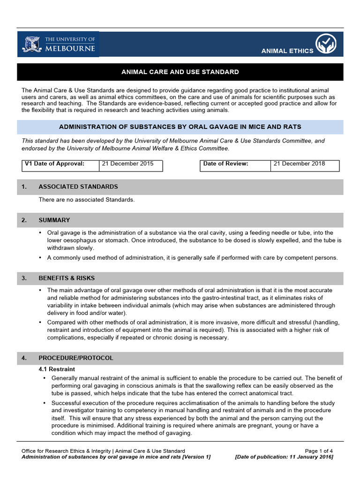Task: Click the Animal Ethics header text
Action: coord(287,51)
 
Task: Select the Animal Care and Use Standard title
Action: coord(180,72)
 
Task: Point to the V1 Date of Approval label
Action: coord(54,164)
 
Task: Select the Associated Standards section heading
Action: coord(78,187)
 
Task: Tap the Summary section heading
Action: coord(54,220)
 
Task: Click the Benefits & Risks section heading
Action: coord(67,278)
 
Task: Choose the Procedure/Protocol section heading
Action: coord(76,358)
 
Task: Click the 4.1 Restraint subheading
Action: coord(57,369)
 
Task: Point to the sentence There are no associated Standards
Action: coord(87,200)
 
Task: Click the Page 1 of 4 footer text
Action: coord(319,451)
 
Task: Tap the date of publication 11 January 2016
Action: coord(284,457)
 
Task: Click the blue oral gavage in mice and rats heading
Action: coord(180,127)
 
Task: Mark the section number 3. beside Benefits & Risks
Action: coord(24,278)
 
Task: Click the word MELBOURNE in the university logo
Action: coord(70,48)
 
